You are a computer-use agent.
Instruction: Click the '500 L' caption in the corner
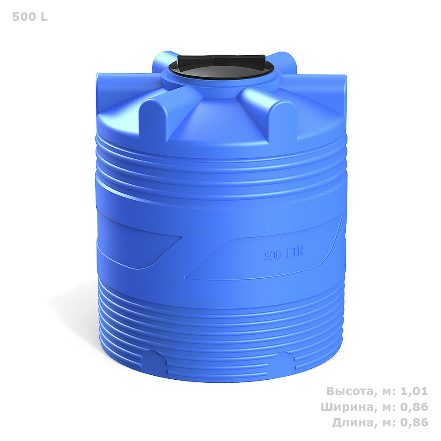click(x=30, y=17)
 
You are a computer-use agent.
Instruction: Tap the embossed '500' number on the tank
click(x=273, y=255)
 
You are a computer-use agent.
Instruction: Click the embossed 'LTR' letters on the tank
click(x=295, y=252)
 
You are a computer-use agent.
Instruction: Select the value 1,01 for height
click(x=414, y=391)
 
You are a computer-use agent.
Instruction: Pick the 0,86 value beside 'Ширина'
click(x=414, y=407)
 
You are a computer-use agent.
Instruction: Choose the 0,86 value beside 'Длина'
click(x=414, y=422)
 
